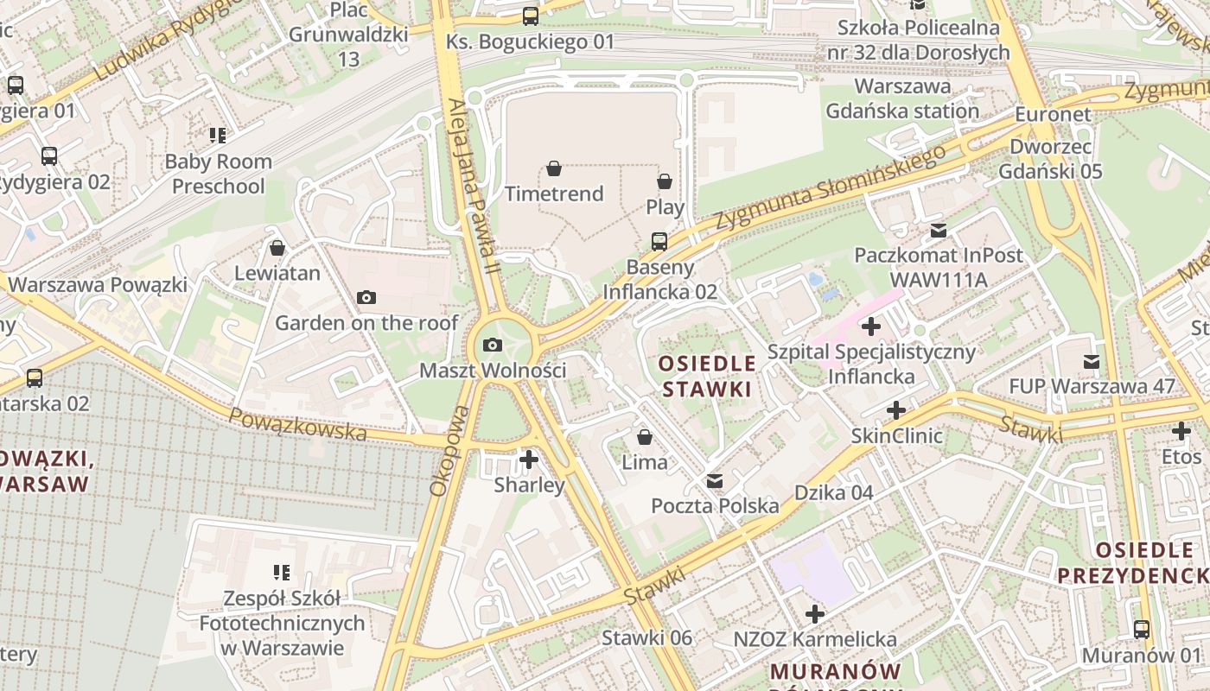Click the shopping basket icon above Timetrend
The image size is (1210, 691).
(554, 168)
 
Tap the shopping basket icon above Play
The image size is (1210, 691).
(665, 181)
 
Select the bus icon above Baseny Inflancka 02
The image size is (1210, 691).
(659, 241)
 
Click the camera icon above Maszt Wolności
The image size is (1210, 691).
(493, 345)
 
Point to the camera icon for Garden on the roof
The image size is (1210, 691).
(366, 298)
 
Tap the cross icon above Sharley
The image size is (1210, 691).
(529, 460)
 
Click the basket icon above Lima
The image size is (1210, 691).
(644, 437)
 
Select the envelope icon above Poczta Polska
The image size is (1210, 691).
(715, 481)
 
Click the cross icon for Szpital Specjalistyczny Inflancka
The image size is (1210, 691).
(871, 326)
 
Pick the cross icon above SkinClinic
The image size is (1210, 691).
(896, 409)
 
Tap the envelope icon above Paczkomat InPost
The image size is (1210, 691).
(938, 231)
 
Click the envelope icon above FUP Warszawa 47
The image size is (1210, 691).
(1092, 362)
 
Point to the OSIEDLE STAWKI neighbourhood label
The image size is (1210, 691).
(707, 376)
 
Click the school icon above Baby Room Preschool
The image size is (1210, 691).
(218, 136)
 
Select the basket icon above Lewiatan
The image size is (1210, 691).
(277, 249)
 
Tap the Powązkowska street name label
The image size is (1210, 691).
(297, 424)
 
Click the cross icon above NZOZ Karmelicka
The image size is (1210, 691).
(815, 614)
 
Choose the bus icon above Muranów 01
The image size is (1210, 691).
(1142, 630)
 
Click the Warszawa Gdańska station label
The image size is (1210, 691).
(902, 98)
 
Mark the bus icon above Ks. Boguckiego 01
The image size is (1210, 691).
(531, 16)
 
